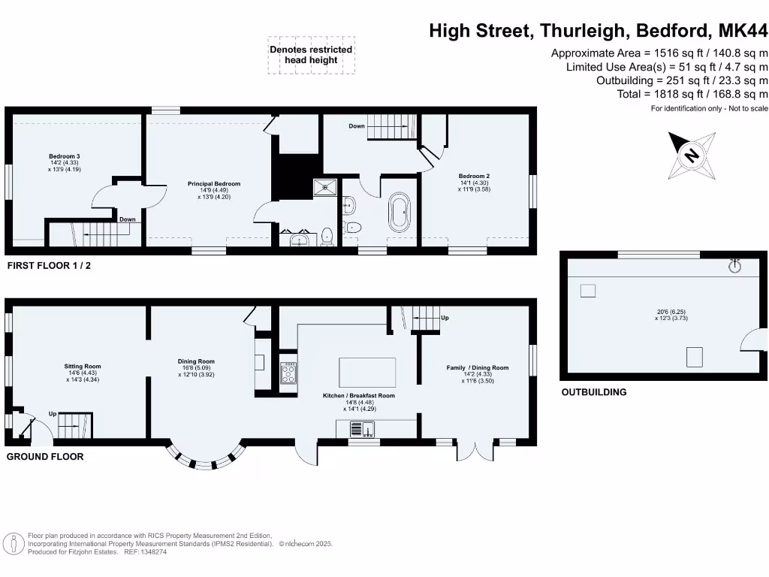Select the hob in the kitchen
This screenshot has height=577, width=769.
coord(288,373)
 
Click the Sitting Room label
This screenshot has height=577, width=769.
coord(83,367)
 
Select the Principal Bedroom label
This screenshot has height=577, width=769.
coord(214,183)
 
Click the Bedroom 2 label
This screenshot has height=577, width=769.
coord(474,176)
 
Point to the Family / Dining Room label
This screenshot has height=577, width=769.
coord(478,367)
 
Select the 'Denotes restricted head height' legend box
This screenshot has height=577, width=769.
coord(311,55)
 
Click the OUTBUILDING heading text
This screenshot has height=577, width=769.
coord(593,392)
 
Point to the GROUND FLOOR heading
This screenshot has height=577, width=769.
coord(45,457)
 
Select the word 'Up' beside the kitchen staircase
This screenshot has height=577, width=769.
coord(445,317)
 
